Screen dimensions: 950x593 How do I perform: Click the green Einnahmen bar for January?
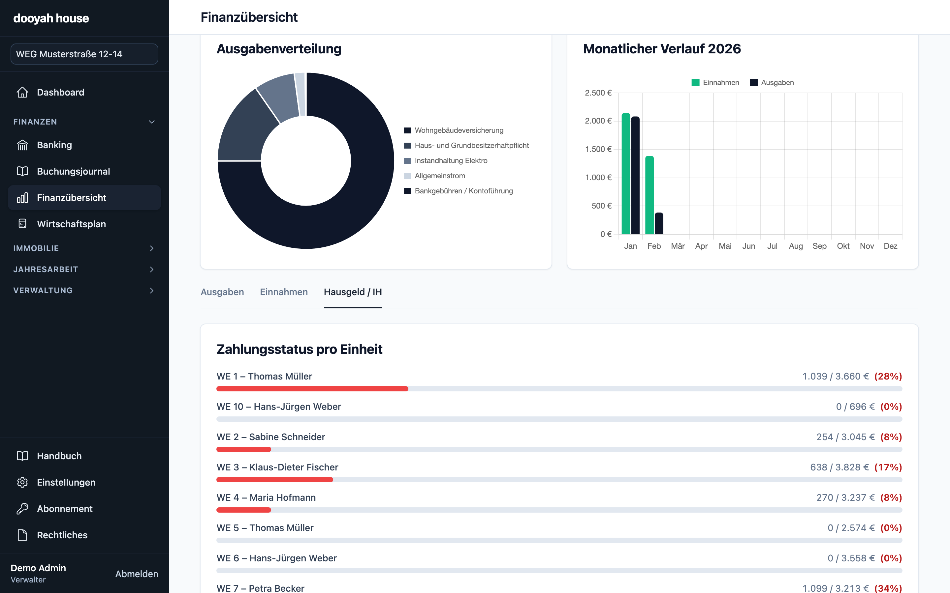pyautogui.click(x=626, y=173)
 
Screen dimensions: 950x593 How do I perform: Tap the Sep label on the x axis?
pyautogui.click(x=819, y=246)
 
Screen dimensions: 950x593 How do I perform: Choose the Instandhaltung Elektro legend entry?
pyautogui.click(x=446, y=160)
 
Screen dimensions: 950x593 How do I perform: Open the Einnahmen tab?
pyautogui.click(x=284, y=292)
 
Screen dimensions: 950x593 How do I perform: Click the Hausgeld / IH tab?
pyautogui.click(x=353, y=292)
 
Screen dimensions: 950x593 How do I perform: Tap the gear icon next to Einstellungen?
pyautogui.click(x=22, y=482)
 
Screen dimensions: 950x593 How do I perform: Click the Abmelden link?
pyautogui.click(x=137, y=574)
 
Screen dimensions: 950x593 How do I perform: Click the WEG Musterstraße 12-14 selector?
pyautogui.click(x=84, y=54)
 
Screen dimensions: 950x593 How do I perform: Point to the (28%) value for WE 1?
pyautogui.click(x=888, y=376)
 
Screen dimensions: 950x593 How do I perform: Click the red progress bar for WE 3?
pyautogui.click(x=275, y=480)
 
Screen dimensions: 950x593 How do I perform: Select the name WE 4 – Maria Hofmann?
pyautogui.click(x=266, y=497)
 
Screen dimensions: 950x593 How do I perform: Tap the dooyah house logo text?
pyautogui.click(x=51, y=18)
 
